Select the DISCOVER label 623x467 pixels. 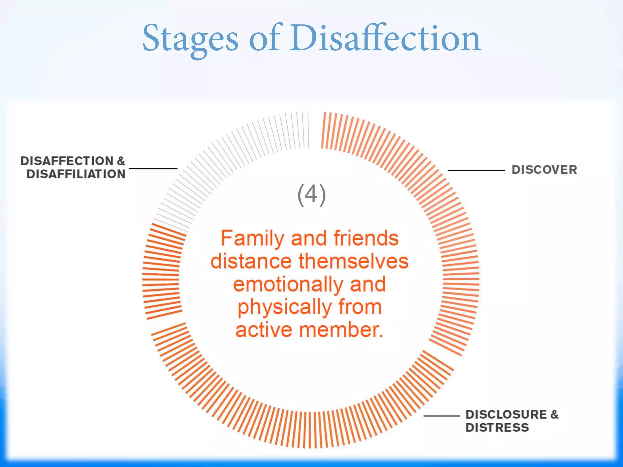click(544, 170)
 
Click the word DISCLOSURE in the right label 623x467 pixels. click(506, 414)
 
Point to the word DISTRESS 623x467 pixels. click(497, 428)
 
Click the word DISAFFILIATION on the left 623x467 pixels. click(76, 174)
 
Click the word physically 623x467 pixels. click(284, 307)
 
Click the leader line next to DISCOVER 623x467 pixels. click(476, 171)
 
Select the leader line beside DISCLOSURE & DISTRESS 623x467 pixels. click(442, 416)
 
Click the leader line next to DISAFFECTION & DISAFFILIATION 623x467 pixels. click(153, 168)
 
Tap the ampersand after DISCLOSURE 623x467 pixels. click(554, 414)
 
